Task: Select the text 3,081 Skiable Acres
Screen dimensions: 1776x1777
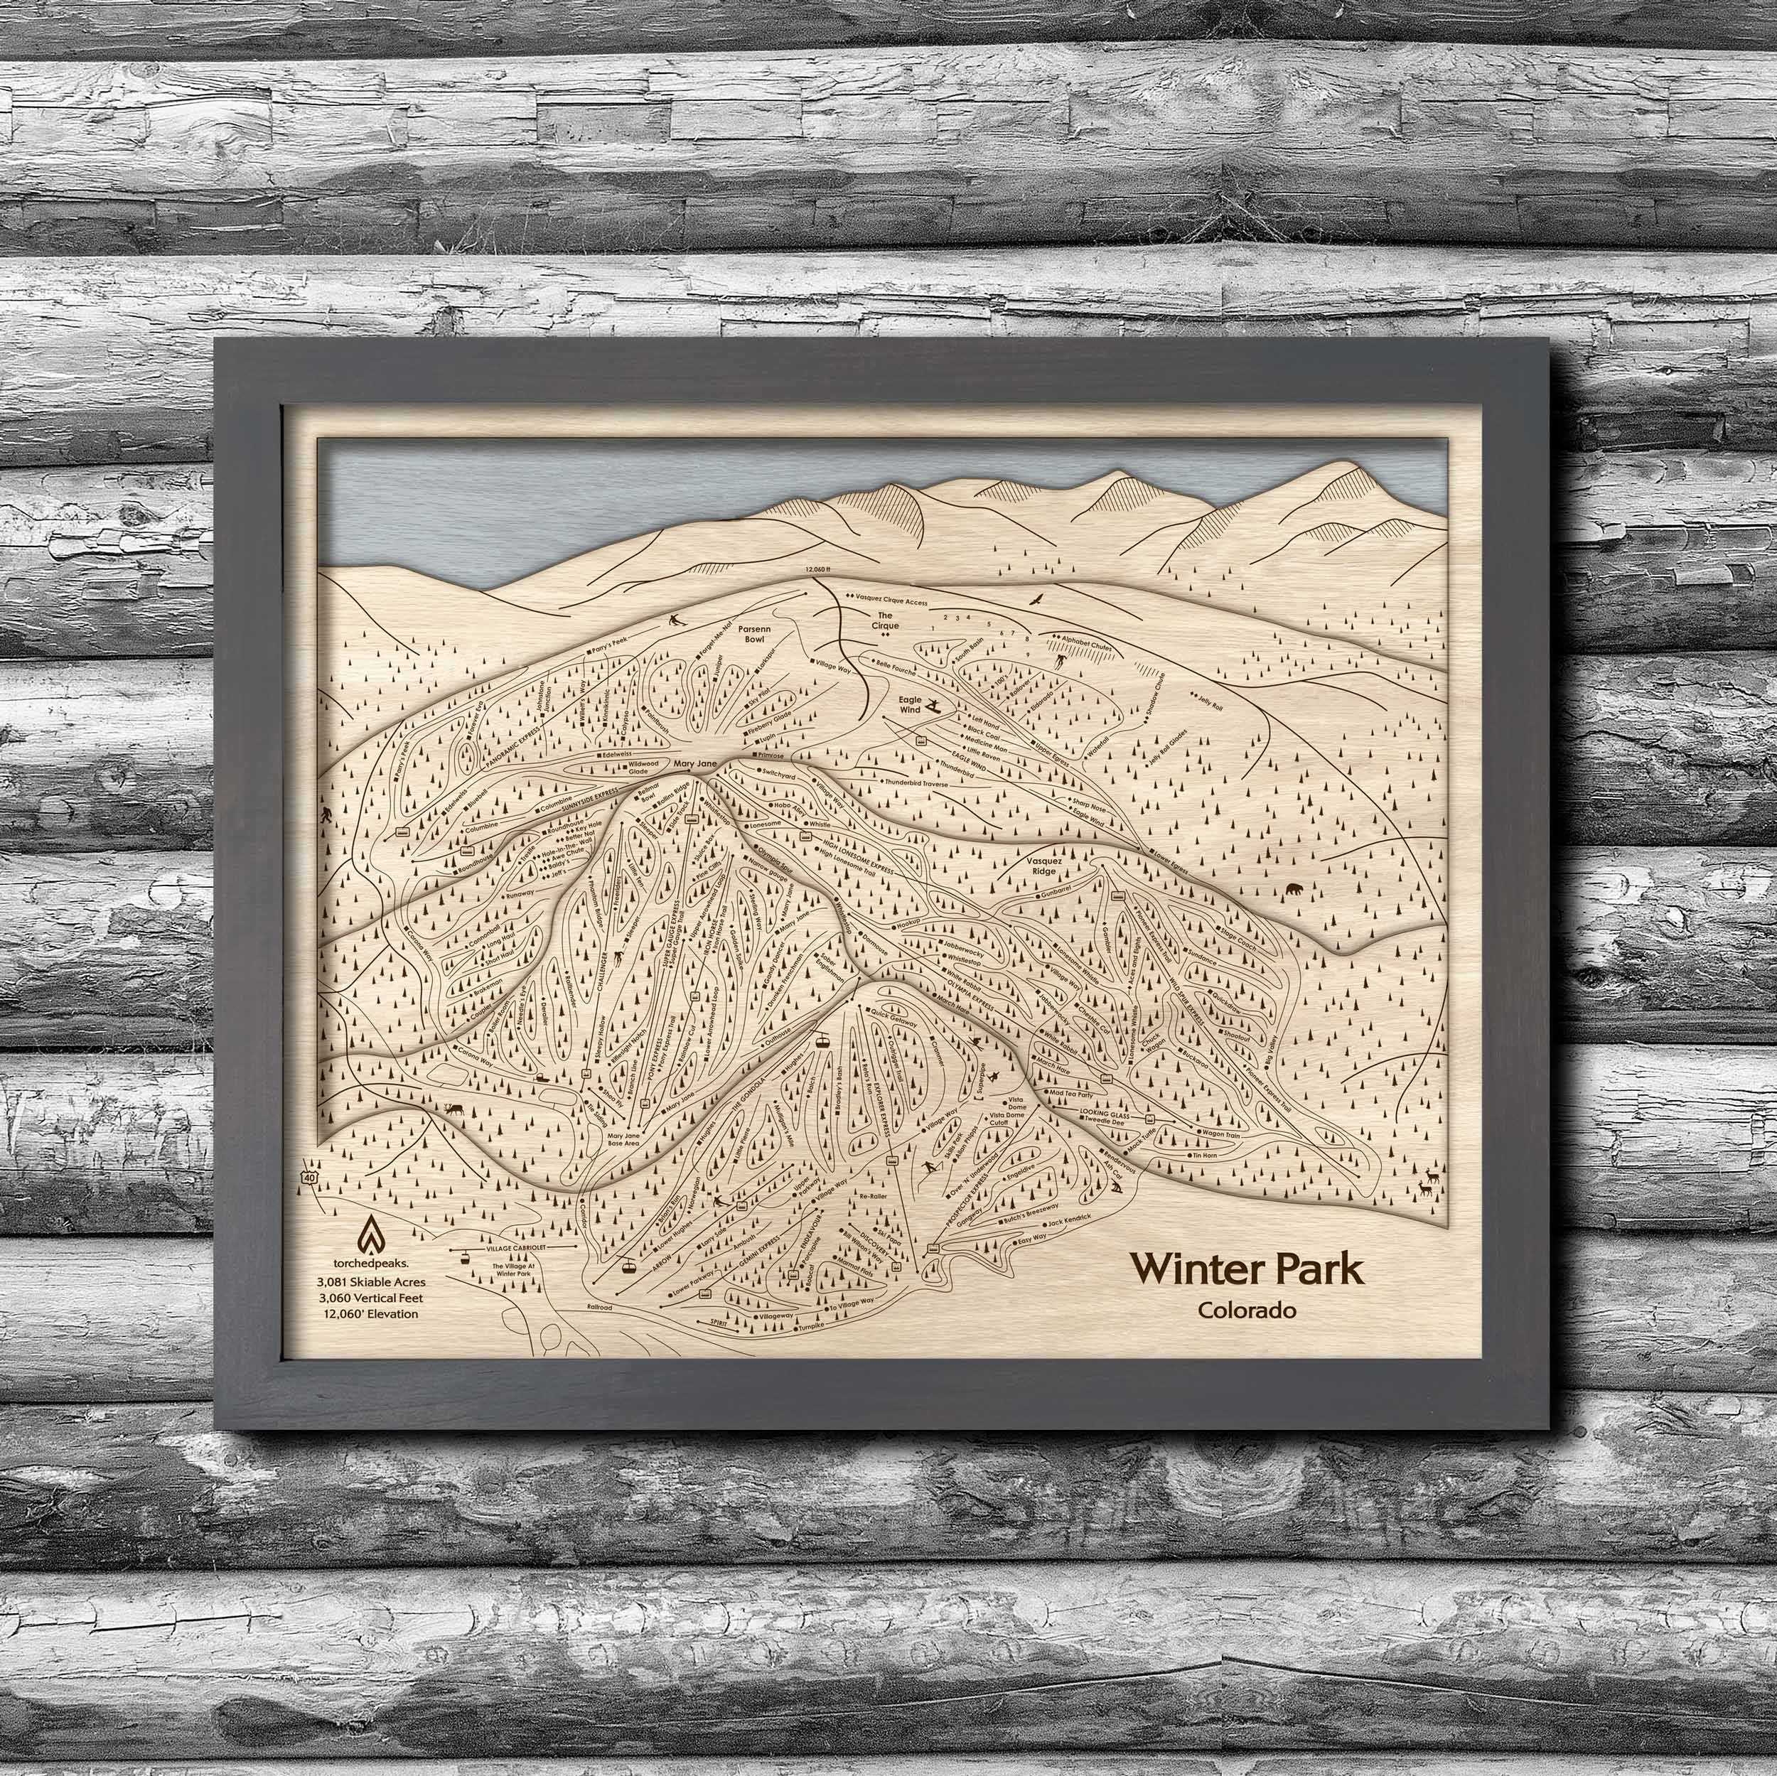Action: point(370,1280)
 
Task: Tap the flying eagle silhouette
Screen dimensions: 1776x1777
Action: point(1038,600)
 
